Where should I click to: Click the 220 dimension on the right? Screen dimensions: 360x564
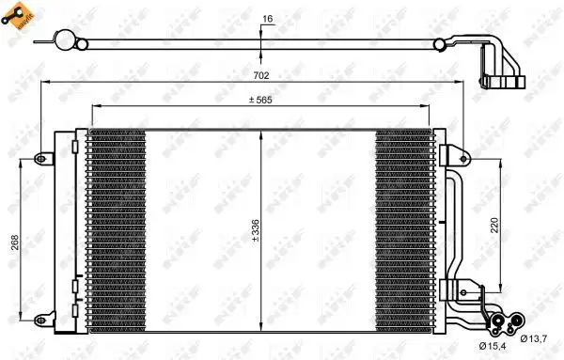click(x=506, y=226)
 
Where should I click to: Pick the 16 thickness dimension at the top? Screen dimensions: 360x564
click(x=268, y=18)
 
